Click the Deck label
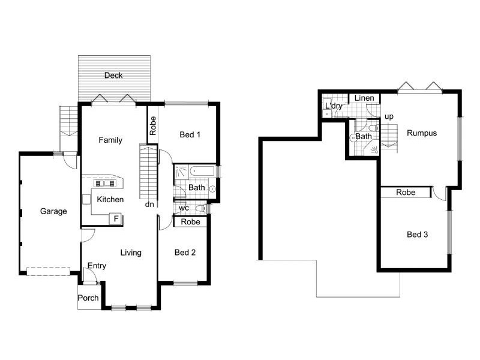tap(113, 76)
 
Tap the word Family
tap(110, 140)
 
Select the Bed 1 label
tap(190, 135)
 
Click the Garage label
tap(53, 211)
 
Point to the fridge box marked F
tap(114, 219)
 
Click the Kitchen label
tap(110, 200)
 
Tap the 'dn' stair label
tap(149, 204)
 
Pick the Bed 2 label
tap(185, 253)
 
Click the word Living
tap(130, 253)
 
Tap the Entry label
tap(97, 266)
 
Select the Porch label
tap(88, 298)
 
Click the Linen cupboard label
tap(364, 98)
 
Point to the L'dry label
tap(334, 106)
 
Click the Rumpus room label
tap(421, 133)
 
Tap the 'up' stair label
tap(389, 116)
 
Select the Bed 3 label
tap(417, 234)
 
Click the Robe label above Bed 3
tap(406, 193)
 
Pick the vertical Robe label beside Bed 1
tap(153, 125)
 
